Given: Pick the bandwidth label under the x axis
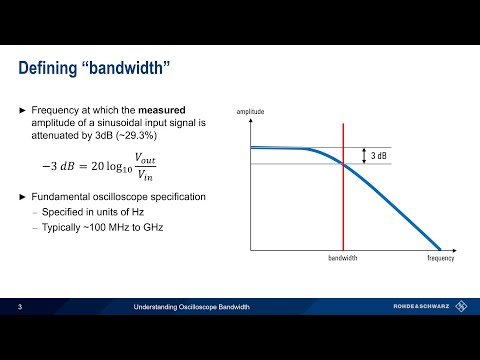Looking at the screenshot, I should (343, 258).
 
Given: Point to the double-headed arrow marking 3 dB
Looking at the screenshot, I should (364, 155).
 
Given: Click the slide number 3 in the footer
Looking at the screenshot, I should (20, 307).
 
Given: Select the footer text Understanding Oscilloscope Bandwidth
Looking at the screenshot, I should (190, 307).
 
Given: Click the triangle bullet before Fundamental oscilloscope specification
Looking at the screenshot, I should (24, 197).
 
